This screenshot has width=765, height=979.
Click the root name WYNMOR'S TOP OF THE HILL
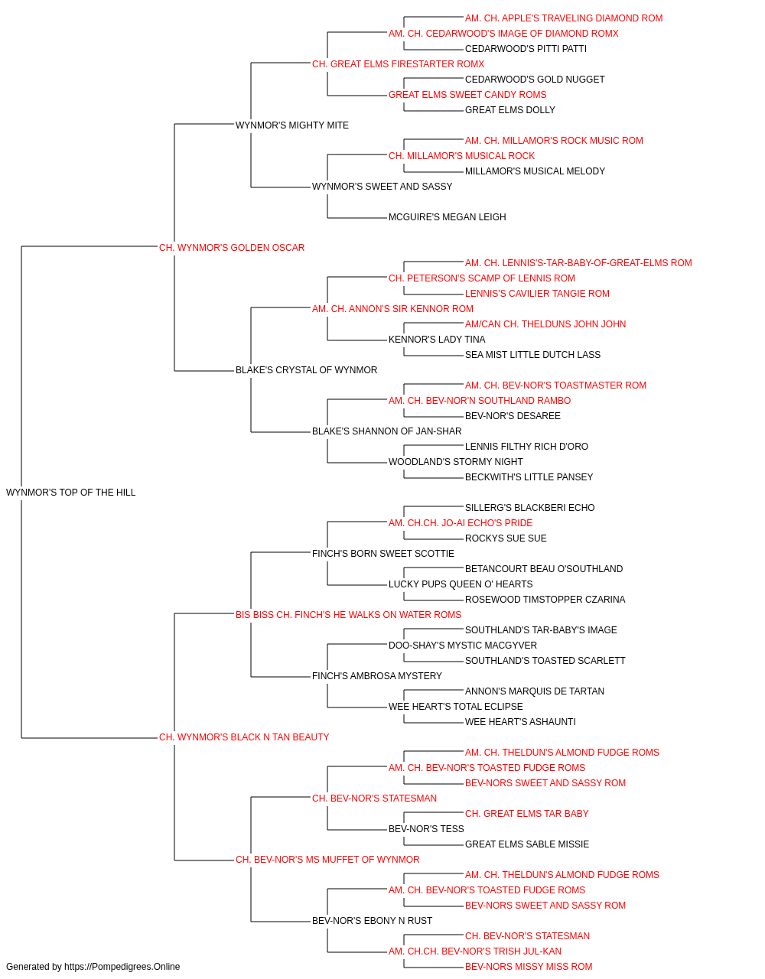click(x=70, y=493)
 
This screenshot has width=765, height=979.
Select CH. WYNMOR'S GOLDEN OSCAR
click(x=232, y=248)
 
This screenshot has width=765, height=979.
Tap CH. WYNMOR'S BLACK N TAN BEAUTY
click(x=244, y=737)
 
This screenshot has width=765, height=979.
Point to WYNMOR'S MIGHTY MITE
click(x=292, y=125)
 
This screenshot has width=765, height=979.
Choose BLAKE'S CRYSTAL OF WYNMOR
click(x=306, y=370)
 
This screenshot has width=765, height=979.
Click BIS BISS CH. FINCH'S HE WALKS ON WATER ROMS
click(x=348, y=614)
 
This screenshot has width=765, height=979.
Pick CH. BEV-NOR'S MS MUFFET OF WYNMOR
click(x=327, y=859)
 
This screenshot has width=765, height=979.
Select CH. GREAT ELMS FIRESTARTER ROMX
click(x=399, y=64)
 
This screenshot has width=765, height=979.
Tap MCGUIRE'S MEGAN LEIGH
click(x=448, y=217)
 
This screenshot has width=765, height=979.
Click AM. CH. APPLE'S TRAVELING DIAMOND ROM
click(x=564, y=18)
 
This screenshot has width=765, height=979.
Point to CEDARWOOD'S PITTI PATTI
click(x=526, y=49)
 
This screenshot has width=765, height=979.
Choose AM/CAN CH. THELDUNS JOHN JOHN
click(x=545, y=324)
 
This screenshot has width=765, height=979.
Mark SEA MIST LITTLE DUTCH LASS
click(x=532, y=355)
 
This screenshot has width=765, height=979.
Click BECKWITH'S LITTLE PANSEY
click(x=529, y=477)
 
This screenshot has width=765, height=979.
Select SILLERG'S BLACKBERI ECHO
click(x=530, y=508)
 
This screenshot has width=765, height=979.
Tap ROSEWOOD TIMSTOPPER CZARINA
click(x=545, y=599)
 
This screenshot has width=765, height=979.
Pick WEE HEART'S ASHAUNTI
click(x=520, y=722)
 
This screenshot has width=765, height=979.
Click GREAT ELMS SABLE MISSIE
click(x=527, y=844)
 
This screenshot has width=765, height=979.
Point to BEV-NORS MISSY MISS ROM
click(x=529, y=967)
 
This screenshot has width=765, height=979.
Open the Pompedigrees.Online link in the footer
click(x=122, y=967)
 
